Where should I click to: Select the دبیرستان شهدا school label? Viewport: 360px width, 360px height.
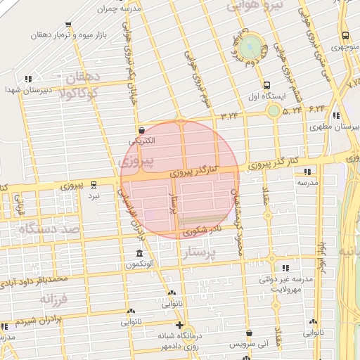pyautogui.click(x=21, y=89)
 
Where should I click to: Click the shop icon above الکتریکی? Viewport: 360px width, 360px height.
pyautogui.click(x=142, y=130)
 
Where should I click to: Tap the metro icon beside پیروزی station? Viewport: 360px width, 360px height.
pyautogui.click(x=95, y=184)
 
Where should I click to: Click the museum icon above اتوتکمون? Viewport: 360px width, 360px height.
pyautogui.click(x=138, y=253)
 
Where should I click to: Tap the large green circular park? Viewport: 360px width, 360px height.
pyautogui.click(x=249, y=48)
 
